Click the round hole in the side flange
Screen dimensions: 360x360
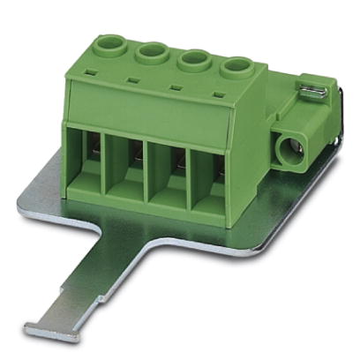coord(289,150)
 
